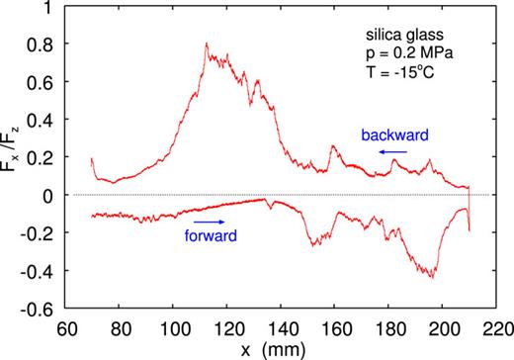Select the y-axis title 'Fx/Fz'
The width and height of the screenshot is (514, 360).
pyautogui.click(x=13, y=157)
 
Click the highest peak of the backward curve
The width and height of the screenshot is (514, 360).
pyautogui.click(x=206, y=45)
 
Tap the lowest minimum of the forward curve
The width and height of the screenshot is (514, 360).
pyautogui.click(x=433, y=277)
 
